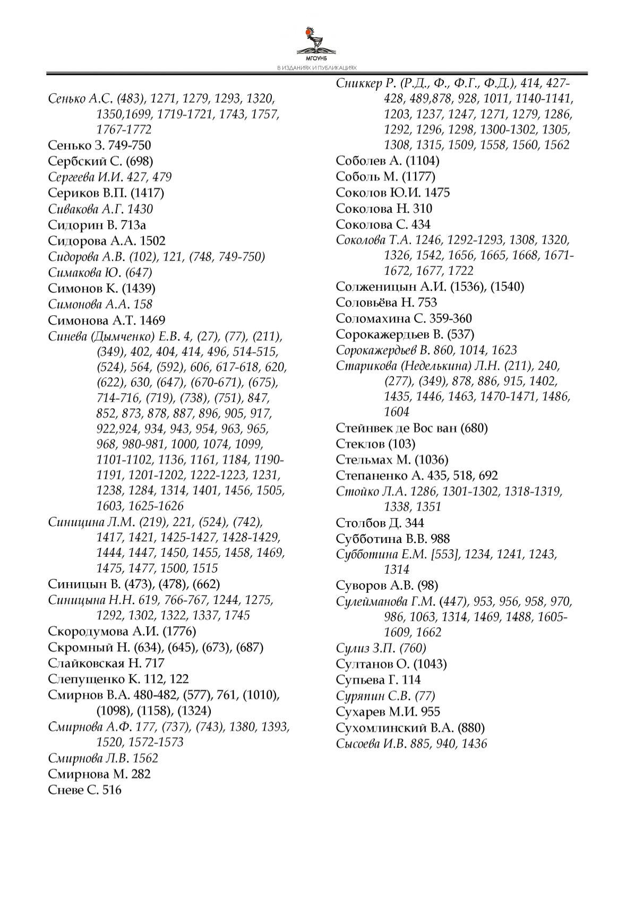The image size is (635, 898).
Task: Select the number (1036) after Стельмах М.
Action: click(x=431, y=460)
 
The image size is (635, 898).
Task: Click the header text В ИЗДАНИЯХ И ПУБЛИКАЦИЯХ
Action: click(x=317, y=68)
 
